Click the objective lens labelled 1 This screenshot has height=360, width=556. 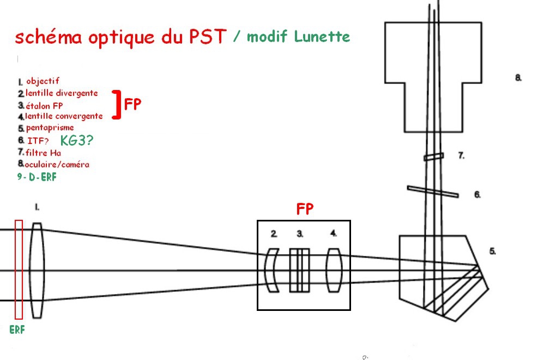(37, 270)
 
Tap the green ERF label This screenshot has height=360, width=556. (17, 330)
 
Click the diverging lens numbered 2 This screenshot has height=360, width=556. (272, 270)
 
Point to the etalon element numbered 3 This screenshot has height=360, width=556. (299, 270)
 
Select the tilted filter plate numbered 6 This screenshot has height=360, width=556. (433, 191)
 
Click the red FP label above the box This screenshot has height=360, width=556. (305, 209)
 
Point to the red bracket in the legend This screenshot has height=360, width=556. (117, 104)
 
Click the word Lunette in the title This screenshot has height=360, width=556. (322, 37)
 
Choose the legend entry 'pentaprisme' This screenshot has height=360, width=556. (50, 128)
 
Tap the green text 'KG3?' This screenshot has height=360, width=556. (76, 140)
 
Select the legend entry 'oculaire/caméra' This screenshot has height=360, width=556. (57, 164)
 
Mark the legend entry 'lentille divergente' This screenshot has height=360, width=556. (62, 93)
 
